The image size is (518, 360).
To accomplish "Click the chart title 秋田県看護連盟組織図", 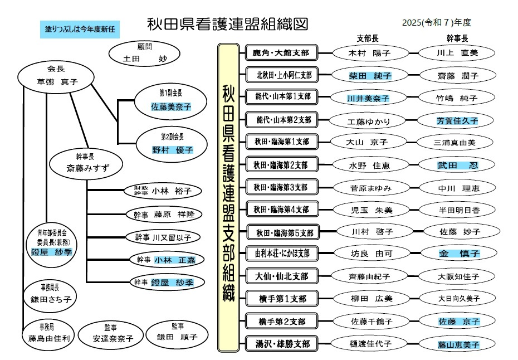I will tap(227, 24).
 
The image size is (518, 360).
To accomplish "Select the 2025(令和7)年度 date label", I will tap(437, 23).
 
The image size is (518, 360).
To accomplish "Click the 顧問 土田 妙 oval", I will tap(144, 53).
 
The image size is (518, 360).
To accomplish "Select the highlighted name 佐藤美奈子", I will tap(171, 106).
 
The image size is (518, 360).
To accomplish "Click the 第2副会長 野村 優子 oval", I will tap(172, 144).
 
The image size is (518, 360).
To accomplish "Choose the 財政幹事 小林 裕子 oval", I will tap(163, 191).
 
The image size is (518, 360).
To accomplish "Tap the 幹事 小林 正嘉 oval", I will tap(163, 260).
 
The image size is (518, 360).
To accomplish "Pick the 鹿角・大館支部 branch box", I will tap(281, 53).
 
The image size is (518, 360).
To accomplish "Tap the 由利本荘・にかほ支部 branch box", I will tap(281, 254).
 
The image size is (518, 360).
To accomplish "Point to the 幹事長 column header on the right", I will tap(457, 38).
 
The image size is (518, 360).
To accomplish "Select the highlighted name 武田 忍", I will tap(457, 165).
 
